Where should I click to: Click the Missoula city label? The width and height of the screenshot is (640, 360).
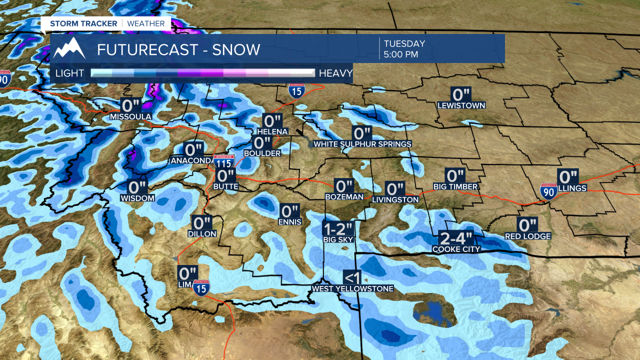coord(130,117)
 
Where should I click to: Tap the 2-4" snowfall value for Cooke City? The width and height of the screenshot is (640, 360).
coord(456,237)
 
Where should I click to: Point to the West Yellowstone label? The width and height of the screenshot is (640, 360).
coord(352,288)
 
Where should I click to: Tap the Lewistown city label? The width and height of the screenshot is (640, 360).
coord(461,105)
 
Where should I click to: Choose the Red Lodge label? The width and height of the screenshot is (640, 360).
coord(527,236)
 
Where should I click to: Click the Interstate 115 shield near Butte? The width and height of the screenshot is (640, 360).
coord(223,161)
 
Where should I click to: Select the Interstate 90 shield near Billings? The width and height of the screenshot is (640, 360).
coord(548,191)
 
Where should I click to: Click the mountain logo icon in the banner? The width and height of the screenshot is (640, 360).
coord(69,48)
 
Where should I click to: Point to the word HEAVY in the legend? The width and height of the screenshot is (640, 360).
coord(336,73)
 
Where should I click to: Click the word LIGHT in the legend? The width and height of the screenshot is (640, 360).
coord(70,73)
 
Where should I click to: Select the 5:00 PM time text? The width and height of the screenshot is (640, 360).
coord(401,54)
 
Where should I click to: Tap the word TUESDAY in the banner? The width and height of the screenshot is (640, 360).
coord(404,44)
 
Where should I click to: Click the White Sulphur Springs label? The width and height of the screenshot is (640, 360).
coord(362,144)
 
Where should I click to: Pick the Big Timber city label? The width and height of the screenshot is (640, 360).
coord(455,187)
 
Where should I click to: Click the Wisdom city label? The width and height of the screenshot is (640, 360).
coord(137,198)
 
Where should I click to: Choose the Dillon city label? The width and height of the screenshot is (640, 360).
coord(202,233)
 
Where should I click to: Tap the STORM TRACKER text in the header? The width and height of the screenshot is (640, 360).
coord(83,23)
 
